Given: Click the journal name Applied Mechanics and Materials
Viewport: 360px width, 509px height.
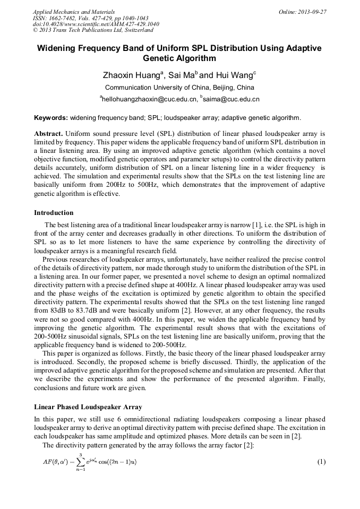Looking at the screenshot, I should pyautogui.click(x=73, y=12).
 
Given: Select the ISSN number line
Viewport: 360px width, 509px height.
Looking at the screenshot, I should pyautogui.click(x=90, y=18).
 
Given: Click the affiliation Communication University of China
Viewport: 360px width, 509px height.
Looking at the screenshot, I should pyautogui.click(x=179, y=88).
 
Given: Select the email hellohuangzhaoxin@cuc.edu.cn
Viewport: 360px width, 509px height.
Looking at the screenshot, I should pyautogui.click(x=148, y=99).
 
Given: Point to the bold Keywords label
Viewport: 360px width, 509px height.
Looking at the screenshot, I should pyautogui.click(x=51, y=117).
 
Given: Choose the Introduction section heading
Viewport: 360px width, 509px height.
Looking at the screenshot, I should pyautogui.click(x=54, y=213).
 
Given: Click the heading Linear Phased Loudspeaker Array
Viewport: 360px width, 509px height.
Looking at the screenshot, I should pyautogui.click(x=88, y=407).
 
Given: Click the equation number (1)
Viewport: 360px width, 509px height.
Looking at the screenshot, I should pyautogui.click(x=321, y=462).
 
